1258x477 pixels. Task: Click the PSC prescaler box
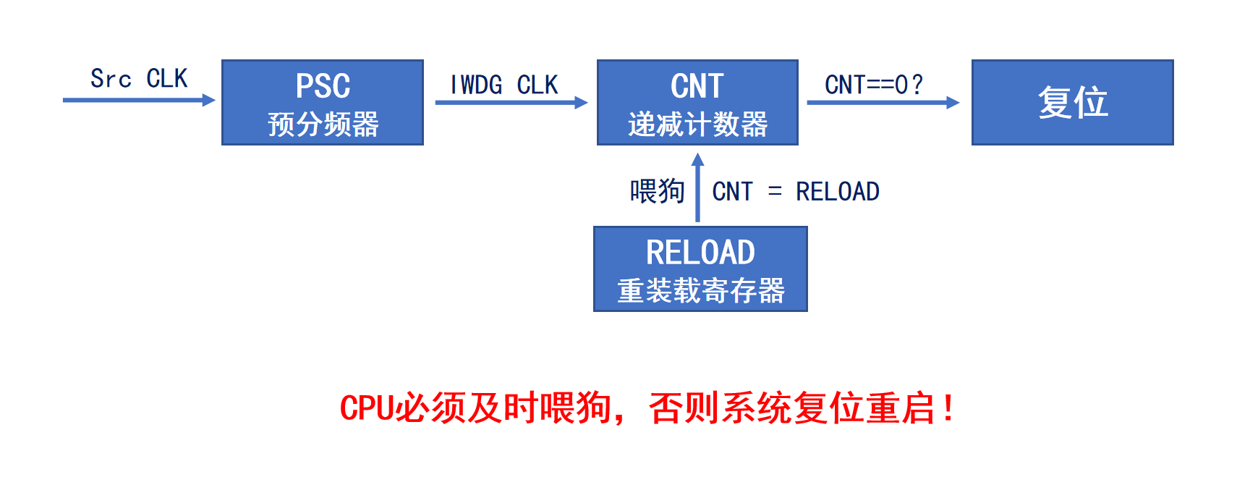(x=322, y=102)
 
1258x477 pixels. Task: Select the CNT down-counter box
(x=697, y=102)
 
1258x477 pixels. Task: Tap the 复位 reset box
(x=1072, y=102)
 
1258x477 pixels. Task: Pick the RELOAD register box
(x=700, y=269)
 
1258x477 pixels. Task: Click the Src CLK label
(x=138, y=78)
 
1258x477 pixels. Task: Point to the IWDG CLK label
(x=504, y=85)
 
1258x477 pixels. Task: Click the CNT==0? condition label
(x=874, y=85)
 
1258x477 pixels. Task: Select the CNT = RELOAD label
(x=796, y=192)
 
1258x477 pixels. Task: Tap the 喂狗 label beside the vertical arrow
(x=657, y=192)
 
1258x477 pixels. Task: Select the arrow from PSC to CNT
(x=511, y=103)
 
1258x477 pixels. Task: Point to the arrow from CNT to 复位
(x=883, y=103)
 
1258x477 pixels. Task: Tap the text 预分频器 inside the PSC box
(x=323, y=124)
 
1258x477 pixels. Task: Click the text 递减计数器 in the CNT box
(x=697, y=124)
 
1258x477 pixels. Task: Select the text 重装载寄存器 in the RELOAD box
(x=700, y=291)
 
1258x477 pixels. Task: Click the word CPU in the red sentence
(x=367, y=408)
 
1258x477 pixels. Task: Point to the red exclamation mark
(x=948, y=408)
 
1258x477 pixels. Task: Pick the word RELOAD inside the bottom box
(x=700, y=253)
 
